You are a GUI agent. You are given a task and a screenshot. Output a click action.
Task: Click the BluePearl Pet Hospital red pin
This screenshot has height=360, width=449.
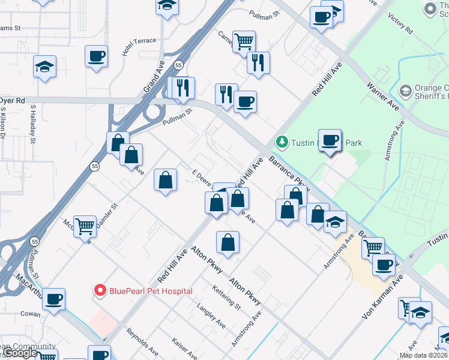(100, 291)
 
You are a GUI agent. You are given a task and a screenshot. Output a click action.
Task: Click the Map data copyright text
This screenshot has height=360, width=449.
(423, 355)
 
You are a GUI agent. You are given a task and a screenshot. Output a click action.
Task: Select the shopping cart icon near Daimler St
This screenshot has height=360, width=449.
(85, 227)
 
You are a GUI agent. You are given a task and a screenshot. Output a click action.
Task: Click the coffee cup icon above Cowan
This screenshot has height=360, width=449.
(53, 299)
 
